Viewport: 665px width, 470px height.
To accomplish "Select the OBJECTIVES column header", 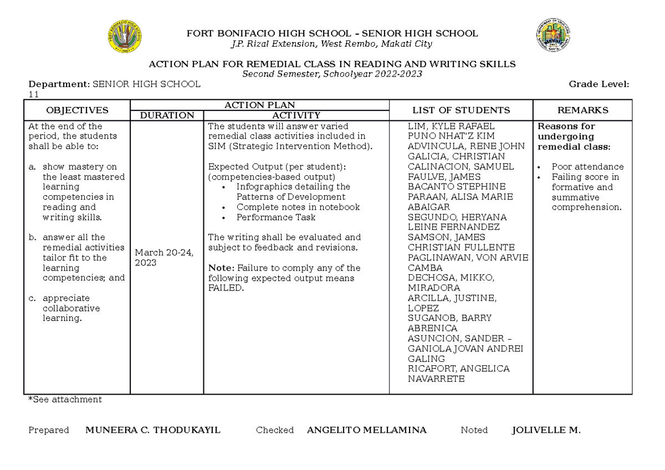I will pyautogui.click(x=77, y=110).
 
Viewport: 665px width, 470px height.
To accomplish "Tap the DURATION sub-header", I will pyautogui.click(x=167, y=115).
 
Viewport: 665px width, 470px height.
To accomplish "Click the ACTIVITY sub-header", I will pyautogui.click(x=296, y=115).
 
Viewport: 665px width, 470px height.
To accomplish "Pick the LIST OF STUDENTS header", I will pyautogui.click(x=461, y=110).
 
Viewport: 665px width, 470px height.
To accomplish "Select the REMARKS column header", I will pyautogui.click(x=582, y=110).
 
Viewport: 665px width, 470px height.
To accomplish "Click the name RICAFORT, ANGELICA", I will pyautogui.click(x=458, y=369).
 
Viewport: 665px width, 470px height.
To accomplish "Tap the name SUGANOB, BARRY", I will pyautogui.click(x=449, y=318).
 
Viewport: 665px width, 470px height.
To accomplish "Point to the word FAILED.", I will pyautogui.click(x=226, y=288).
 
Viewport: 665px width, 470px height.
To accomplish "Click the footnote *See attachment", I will pyautogui.click(x=65, y=399).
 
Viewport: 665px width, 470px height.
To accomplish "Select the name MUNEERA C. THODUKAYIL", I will pyautogui.click(x=153, y=430).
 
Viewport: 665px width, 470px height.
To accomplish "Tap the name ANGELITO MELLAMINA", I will pyautogui.click(x=366, y=430).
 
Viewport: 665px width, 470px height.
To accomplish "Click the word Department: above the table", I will pyautogui.click(x=59, y=84).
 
